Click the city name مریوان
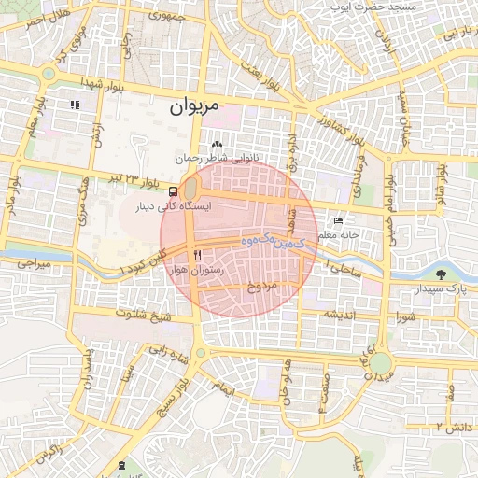click(x=193, y=107)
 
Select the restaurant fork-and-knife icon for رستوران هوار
click(x=197, y=254)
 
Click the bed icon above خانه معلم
click(x=338, y=222)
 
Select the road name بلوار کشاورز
click(x=332, y=132)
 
